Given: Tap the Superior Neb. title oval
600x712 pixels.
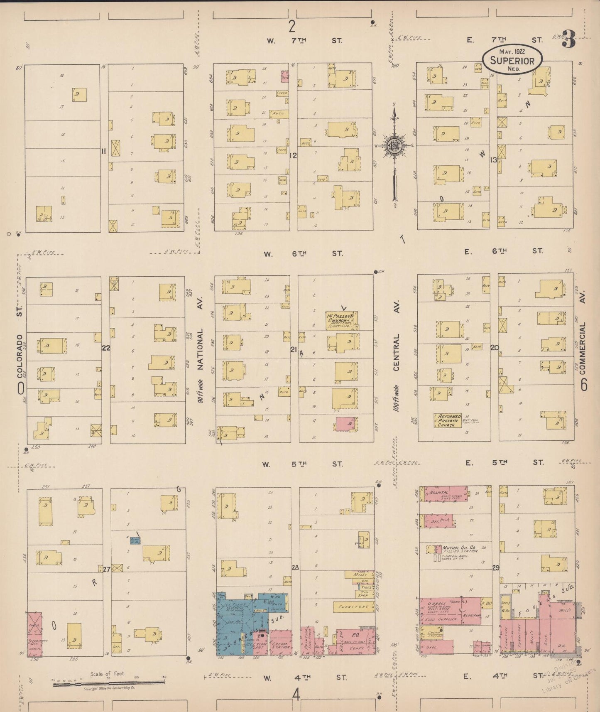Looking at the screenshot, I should (x=512, y=59).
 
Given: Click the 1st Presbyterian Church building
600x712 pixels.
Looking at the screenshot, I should (x=342, y=320).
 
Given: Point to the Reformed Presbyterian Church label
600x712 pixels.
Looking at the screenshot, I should (x=448, y=420).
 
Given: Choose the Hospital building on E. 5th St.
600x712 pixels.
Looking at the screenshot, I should (x=443, y=494).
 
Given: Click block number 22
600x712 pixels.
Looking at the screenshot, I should (x=106, y=348).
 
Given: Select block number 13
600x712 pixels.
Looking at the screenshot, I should (x=493, y=160).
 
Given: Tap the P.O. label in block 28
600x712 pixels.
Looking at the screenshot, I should (x=355, y=635).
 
